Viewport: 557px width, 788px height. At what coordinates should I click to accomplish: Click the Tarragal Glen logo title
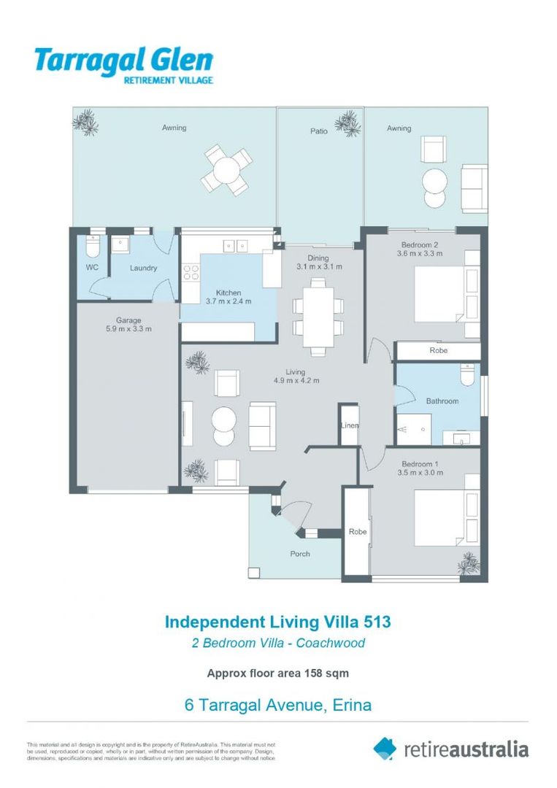123,60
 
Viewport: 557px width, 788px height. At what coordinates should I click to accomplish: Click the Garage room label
128,320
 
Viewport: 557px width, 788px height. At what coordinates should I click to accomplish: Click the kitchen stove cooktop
191,273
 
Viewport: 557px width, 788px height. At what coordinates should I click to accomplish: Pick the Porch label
300,554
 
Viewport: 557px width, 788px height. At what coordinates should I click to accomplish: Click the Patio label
319,132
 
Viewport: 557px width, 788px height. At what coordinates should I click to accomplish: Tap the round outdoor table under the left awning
227,169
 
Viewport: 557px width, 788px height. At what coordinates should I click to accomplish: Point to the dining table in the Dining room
318,315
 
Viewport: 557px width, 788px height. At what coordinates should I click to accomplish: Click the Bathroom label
442,401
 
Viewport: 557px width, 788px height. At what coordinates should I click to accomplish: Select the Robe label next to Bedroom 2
438,351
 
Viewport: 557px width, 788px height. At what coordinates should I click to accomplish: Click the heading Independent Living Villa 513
277,622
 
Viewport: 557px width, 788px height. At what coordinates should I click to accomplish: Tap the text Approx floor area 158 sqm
277,673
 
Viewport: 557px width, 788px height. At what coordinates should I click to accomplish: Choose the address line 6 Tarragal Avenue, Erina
277,706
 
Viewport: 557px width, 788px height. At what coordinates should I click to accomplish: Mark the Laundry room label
143,268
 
